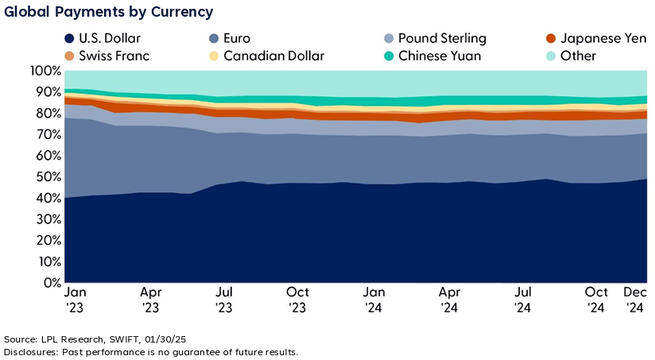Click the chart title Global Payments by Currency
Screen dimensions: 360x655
(x=107, y=13)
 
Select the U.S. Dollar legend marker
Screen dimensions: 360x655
(x=70, y=38)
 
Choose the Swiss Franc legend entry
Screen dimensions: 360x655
(x=107, y=56)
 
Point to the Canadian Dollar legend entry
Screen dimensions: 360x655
(x=266, y=56)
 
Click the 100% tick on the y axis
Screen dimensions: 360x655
(x=45, y=71)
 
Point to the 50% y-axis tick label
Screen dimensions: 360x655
(x=48, y=177)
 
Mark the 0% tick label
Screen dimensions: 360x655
(x=51, y=283)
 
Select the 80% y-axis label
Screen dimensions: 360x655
(x=48, y=114)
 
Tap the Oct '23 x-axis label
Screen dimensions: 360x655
(x=297, y=300)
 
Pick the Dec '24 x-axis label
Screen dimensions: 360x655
(x=636, y=300)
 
